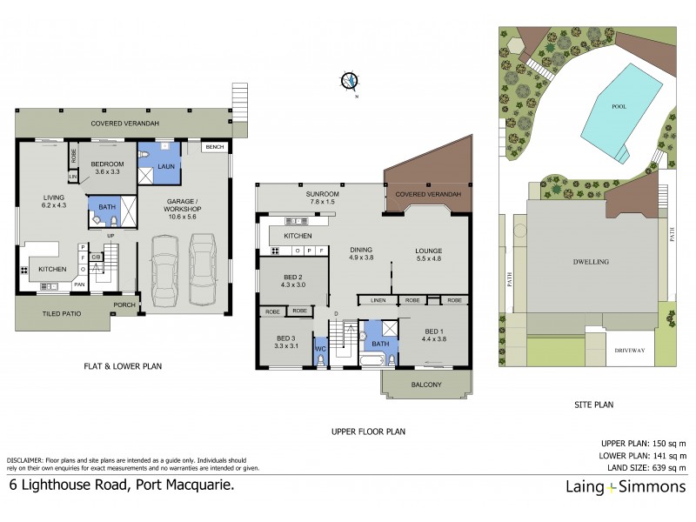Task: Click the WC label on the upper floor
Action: (x=319, y=350)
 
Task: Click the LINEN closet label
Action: (x=377, y=300)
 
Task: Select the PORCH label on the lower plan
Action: (x=124, y=305)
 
